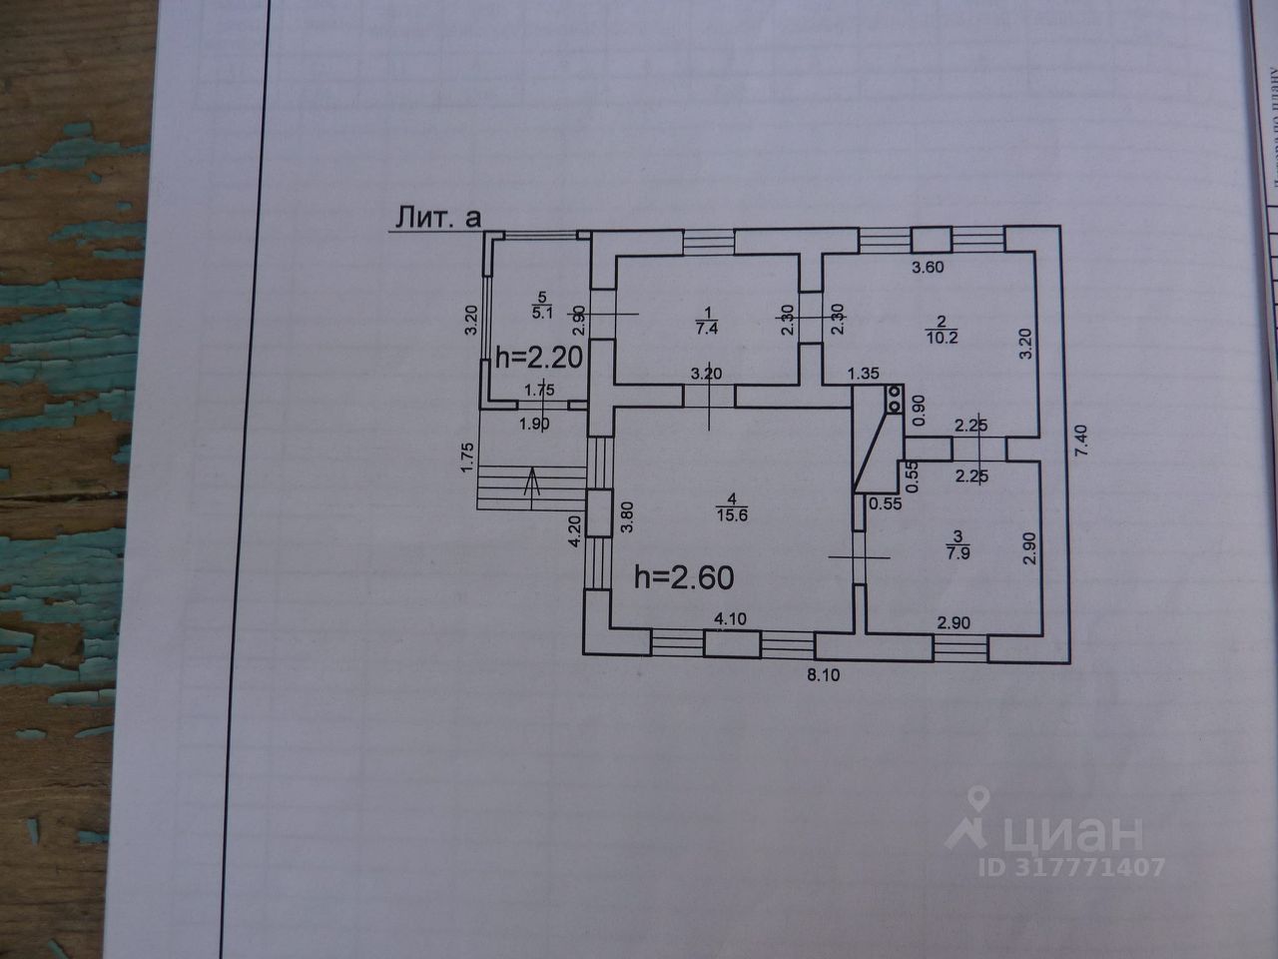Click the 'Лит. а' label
[x=436, y=218]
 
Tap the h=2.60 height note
[x=686, y=576]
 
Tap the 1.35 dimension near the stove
[x=863, y=374]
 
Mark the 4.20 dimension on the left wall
[x=574, y=529]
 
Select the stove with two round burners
[x=894, y=400]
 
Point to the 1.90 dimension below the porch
[x=535, y=424]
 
